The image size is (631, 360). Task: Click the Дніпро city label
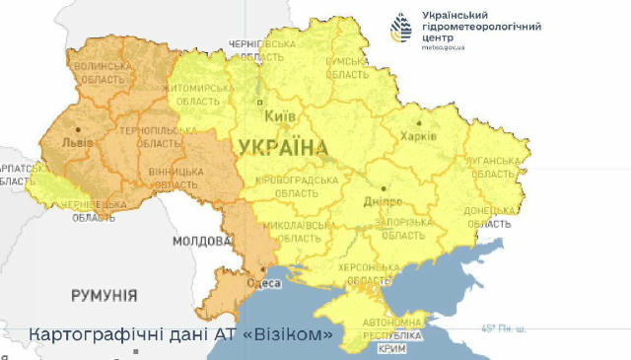[383, 200]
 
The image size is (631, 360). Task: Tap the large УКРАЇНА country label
[283, 148]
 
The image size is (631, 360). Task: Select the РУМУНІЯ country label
[105, 295]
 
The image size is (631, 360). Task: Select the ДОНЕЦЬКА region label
[489, 211]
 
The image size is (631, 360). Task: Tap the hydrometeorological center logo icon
[403, 31]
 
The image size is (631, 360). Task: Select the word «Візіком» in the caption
[292, 334]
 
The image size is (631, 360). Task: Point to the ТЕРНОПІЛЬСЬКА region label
[148, 130]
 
